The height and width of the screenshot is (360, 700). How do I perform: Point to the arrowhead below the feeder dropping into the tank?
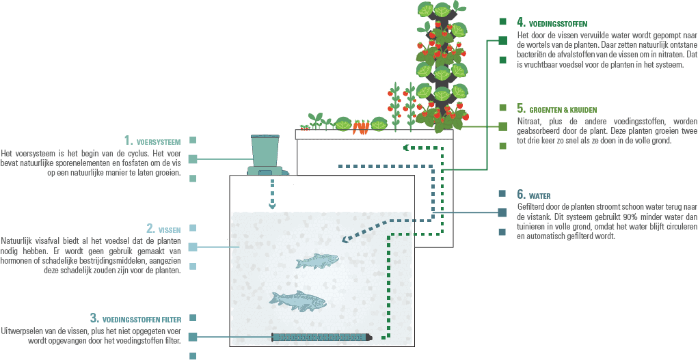[273, 204]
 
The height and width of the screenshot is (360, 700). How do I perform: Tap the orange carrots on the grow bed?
[305, 127]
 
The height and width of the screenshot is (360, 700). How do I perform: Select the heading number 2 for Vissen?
[150, 228]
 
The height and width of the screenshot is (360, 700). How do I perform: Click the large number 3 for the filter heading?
[94, 318]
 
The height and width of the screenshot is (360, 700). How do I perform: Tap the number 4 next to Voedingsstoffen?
[521, 23]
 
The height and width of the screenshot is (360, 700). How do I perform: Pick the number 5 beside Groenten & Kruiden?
[521, 109]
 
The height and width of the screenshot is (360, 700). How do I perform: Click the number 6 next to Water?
[521, 194]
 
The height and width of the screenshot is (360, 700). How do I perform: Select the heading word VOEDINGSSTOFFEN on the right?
[558, 24]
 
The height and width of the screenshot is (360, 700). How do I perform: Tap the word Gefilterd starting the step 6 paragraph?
[531, 206]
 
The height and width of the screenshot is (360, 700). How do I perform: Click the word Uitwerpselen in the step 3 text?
[21, 330]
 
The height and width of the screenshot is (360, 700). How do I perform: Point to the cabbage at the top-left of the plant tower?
[426, 10]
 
